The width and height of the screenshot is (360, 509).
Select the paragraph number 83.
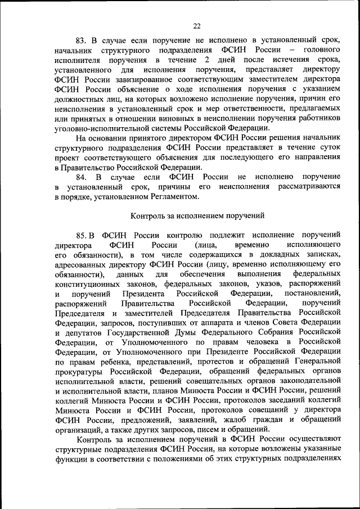click(x=82, y=40)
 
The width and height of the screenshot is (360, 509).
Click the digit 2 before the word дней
click(x=208, y=60)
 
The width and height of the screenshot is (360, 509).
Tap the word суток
click(x=327, y=147)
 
